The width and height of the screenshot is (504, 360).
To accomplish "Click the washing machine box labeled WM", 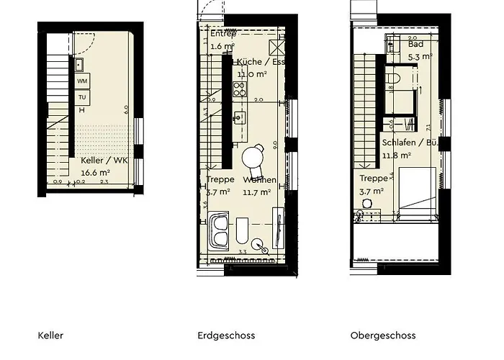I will pyautogui.click(x=82, y=81).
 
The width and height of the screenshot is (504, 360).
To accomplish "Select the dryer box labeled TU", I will pyautogui.click(x=82, y=96).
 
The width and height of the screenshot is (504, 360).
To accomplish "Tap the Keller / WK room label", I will pyautogui.click(x=104, y=161).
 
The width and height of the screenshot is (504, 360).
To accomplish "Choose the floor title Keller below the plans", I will pyautogui.click(x=50, y=336).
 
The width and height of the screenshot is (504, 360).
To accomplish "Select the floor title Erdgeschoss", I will pyautogui.click(x=226, y=336).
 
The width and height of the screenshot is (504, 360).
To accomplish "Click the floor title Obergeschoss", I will pyautogui.click(x=383, y=336).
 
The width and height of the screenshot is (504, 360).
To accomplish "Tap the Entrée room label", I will pyautogui.click(x=223, y=34).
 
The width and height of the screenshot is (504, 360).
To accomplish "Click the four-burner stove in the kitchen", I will pyautogui.click(x=240, y=89).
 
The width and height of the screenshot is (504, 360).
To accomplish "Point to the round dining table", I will pyautogui.click(x=253, y=156).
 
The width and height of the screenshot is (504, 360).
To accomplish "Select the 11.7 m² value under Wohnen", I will pyautogui.click(x=256, y=192).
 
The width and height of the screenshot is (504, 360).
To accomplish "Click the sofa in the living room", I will pyautogui.click(x=220, y=231).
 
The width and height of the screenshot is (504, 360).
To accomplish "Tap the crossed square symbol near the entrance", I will pyautogui.click(x=276, y=46).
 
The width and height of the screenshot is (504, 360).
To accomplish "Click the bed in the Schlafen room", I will pyautogui.click(x=417, y=189).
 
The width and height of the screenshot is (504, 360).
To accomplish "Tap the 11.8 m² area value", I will pyautogui.click(x=396, y=154).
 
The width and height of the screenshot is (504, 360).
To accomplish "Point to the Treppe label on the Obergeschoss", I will pyautogui.click(x=373, y=178).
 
